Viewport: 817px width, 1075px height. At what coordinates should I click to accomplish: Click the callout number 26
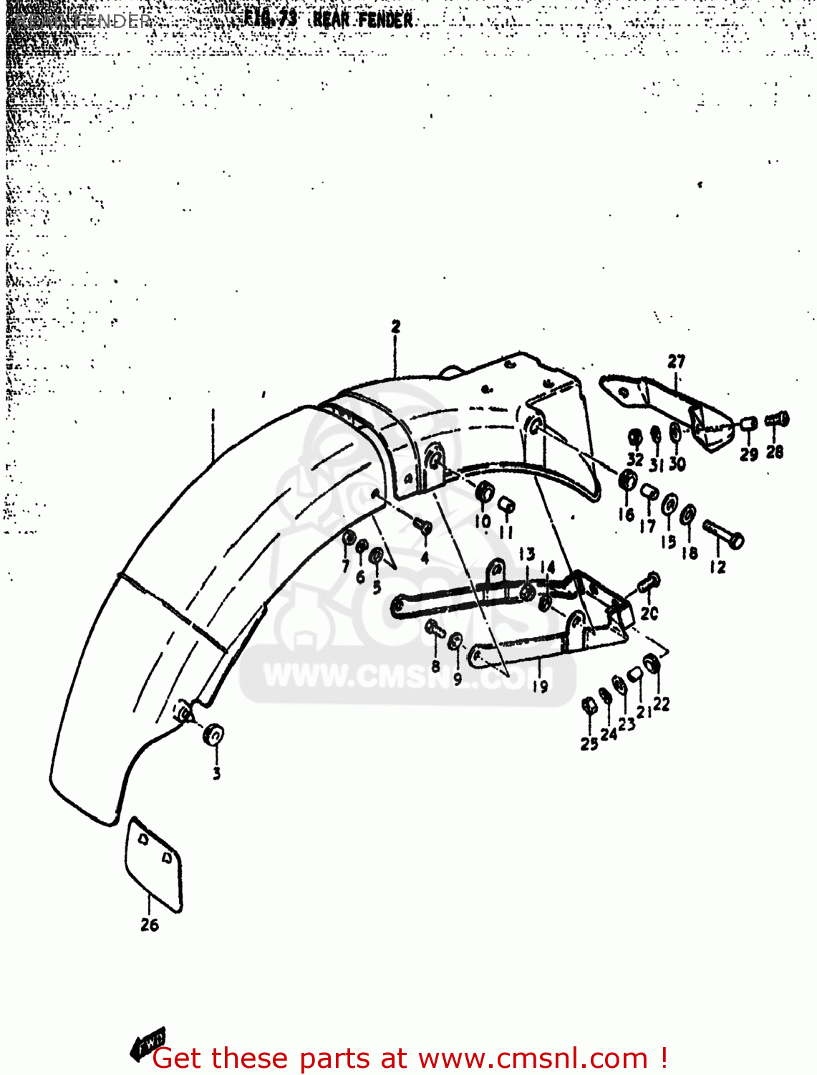tap(150, 924)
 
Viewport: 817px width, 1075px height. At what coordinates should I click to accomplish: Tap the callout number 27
tap(677, 362)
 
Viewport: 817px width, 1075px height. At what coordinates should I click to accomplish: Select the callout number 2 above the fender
tap(396, 327)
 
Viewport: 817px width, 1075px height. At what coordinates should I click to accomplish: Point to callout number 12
tap(717, 568)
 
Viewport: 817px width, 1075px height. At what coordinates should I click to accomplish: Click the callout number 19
tap(540, 686)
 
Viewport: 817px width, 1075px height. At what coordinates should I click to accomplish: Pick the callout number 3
tap(216, 773)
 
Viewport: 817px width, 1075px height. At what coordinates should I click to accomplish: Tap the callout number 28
tap(775, 452)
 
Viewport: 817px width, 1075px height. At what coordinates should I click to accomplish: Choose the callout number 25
tap(589, 744)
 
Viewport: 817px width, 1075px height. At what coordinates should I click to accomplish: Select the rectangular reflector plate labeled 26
tap(154, 864)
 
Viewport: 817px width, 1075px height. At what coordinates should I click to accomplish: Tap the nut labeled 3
tap(213, 735)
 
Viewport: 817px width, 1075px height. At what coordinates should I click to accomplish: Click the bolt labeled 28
tap(777, 419)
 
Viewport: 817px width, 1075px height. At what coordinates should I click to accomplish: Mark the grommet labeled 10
tap(485, 494)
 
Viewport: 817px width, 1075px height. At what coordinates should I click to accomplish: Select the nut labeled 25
tap(589, 707)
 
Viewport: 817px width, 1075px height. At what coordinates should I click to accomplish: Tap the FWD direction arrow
tap(148, 1043)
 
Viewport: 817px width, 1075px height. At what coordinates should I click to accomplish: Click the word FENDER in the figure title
tap(385, 20)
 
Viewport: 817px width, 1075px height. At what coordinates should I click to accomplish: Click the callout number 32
tap(635, 459)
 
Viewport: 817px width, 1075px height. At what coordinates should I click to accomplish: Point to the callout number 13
tap(526, 554)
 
